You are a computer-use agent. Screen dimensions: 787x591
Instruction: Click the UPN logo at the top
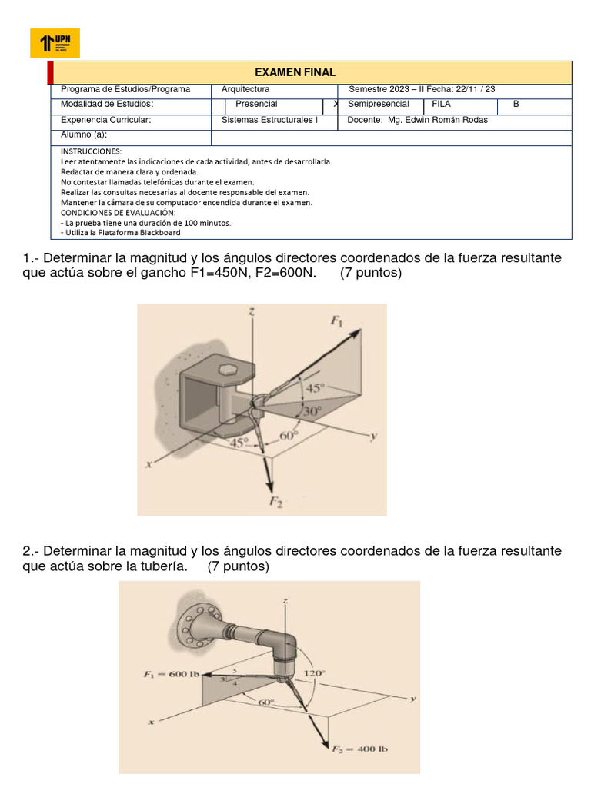tap(54, 43)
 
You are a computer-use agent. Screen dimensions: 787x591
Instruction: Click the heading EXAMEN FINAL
tap(306, 72)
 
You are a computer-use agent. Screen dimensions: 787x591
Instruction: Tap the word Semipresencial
tap(379, 104)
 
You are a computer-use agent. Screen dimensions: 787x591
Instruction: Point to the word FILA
tap(442, 104)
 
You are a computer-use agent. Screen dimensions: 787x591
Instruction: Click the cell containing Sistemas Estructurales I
tap(269, 120)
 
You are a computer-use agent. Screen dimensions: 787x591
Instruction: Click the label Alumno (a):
tap(84, 134)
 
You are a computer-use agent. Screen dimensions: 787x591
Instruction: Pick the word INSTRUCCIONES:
tap(91, 151)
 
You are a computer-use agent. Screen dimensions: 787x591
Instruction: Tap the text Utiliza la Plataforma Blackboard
tap(121, 232)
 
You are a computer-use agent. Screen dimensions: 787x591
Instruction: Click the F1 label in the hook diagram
tap(337, 321)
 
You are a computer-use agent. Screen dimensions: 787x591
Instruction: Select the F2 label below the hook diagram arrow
tap(275, 502)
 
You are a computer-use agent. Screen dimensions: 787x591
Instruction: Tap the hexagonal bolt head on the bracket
tap(228, 370)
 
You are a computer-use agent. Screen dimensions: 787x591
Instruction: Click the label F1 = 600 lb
tap(172, 675)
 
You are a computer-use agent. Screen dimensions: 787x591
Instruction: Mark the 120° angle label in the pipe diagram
tap(314, 672)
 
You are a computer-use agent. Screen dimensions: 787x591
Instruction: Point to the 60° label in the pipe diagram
tap(265, 702)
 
